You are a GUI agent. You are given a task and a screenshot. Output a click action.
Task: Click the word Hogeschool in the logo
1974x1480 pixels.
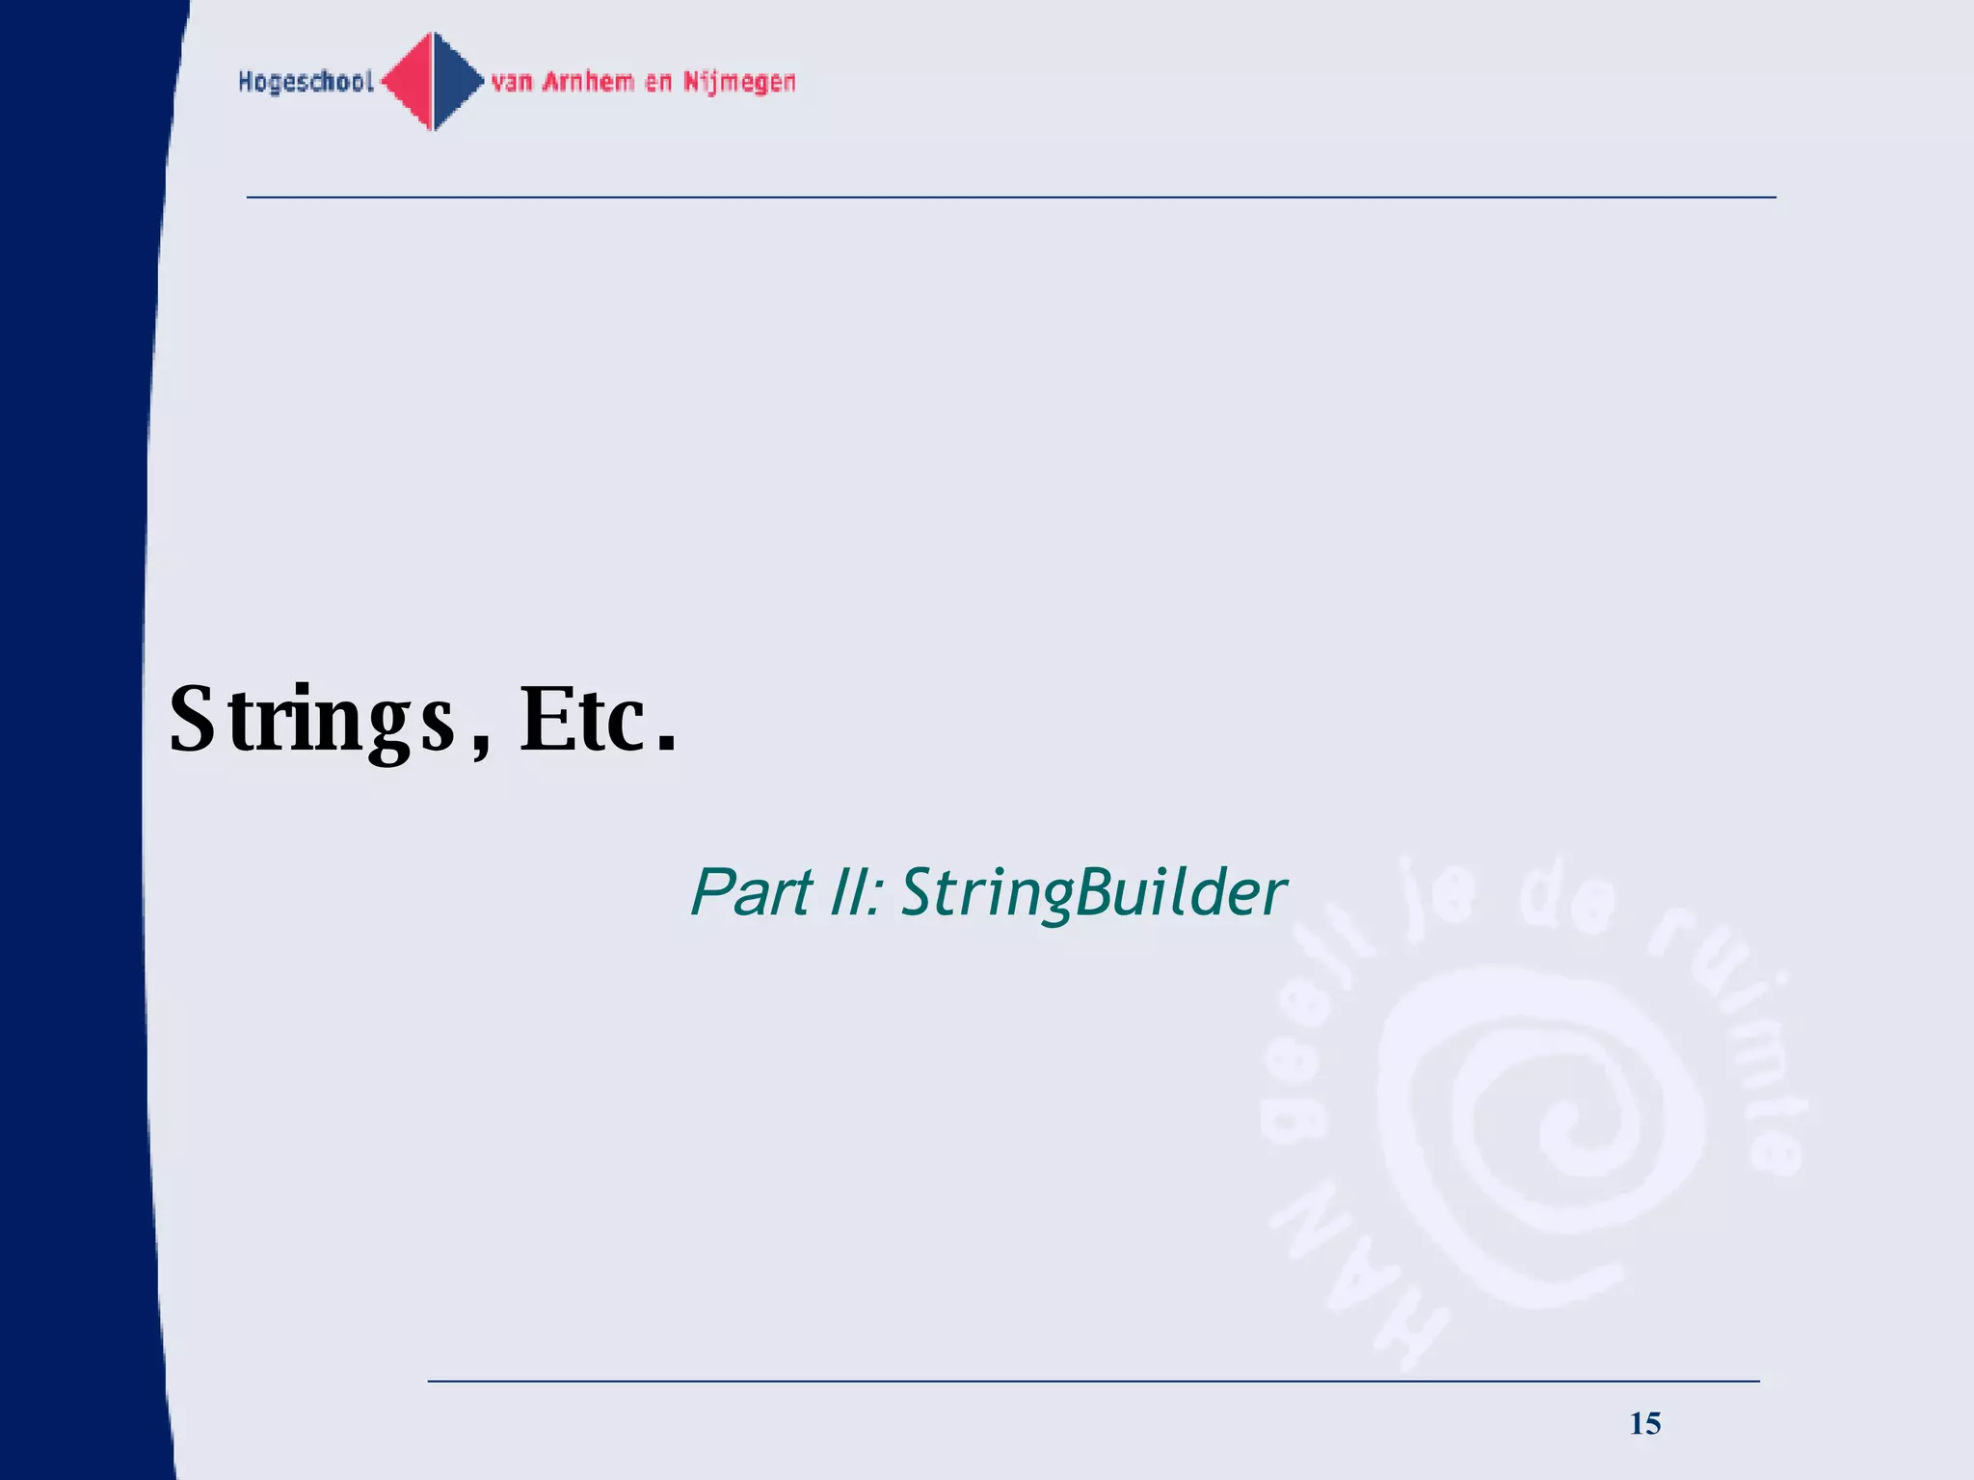[x=306, y=82]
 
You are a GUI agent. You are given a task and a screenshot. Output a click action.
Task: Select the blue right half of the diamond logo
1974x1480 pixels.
[x=455, y=82]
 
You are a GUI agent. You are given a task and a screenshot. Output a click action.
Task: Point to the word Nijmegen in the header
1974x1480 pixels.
[x=739, y=83]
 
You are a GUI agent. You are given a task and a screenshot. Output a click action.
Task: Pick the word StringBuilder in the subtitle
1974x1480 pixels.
[x=1093, y=894]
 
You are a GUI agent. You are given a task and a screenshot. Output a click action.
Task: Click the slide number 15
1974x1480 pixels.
[x=1645, y=1423]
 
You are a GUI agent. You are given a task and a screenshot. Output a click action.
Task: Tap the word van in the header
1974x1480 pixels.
[x=512, y=83]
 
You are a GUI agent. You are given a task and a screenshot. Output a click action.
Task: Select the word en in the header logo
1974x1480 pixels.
[x=658, y=83]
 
